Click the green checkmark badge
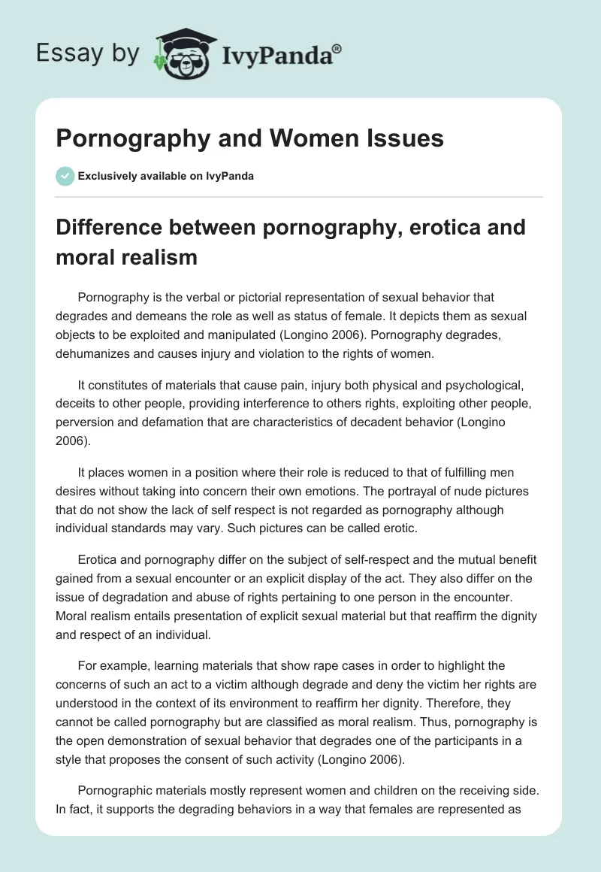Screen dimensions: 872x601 point(65,176)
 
